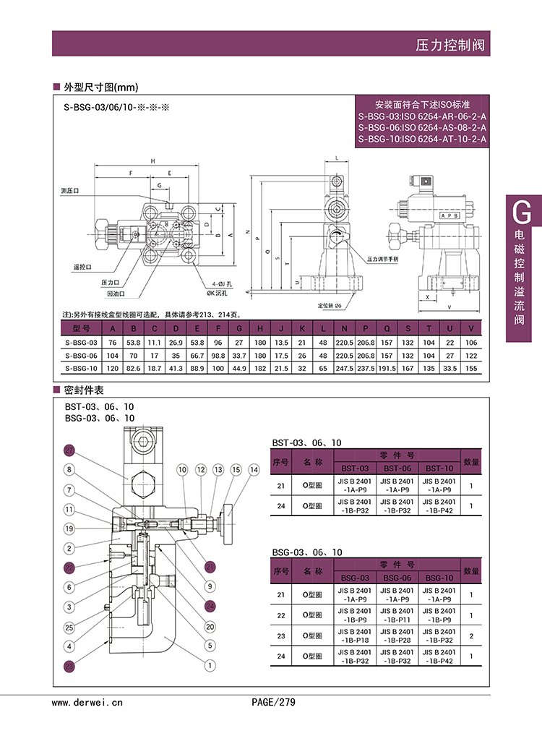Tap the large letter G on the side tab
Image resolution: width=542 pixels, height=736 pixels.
[521, 212]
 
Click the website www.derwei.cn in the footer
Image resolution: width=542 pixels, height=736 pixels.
[87, 701]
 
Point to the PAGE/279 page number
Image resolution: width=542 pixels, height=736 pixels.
[273, 701]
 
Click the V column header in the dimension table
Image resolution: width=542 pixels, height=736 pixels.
[471, 328]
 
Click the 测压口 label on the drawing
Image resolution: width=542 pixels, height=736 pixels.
[70, 190]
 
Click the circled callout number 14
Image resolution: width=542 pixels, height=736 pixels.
[254, 470]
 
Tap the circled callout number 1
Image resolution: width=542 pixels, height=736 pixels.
[210, 665]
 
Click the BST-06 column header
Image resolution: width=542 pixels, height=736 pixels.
[396, 468]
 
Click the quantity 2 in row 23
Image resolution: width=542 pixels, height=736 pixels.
[471, 636]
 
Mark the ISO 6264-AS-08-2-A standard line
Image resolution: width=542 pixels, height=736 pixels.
[423, 127]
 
